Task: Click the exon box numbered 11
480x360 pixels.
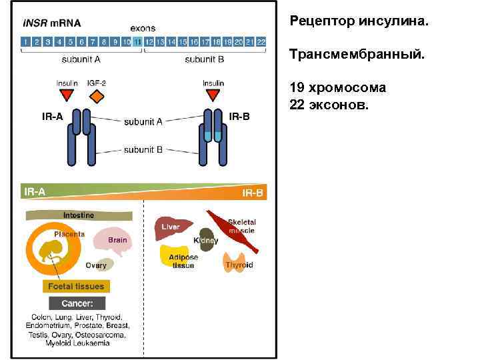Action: point(137,41)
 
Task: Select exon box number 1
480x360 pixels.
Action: point(25,41)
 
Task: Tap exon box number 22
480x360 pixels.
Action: point(261,41)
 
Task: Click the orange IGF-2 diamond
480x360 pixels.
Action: point(97,97)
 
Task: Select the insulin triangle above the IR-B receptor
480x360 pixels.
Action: point(213,95)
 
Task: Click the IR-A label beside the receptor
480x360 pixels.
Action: point(52,117)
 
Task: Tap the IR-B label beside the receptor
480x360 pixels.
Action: point(239,117)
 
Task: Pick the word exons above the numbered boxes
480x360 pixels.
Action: point(143,28)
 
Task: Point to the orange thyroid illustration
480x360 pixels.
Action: point(238,261)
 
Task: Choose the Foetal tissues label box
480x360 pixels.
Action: point(76,286)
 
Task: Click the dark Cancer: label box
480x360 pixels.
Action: point(77,303)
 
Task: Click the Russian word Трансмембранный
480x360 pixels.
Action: point(357,53)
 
